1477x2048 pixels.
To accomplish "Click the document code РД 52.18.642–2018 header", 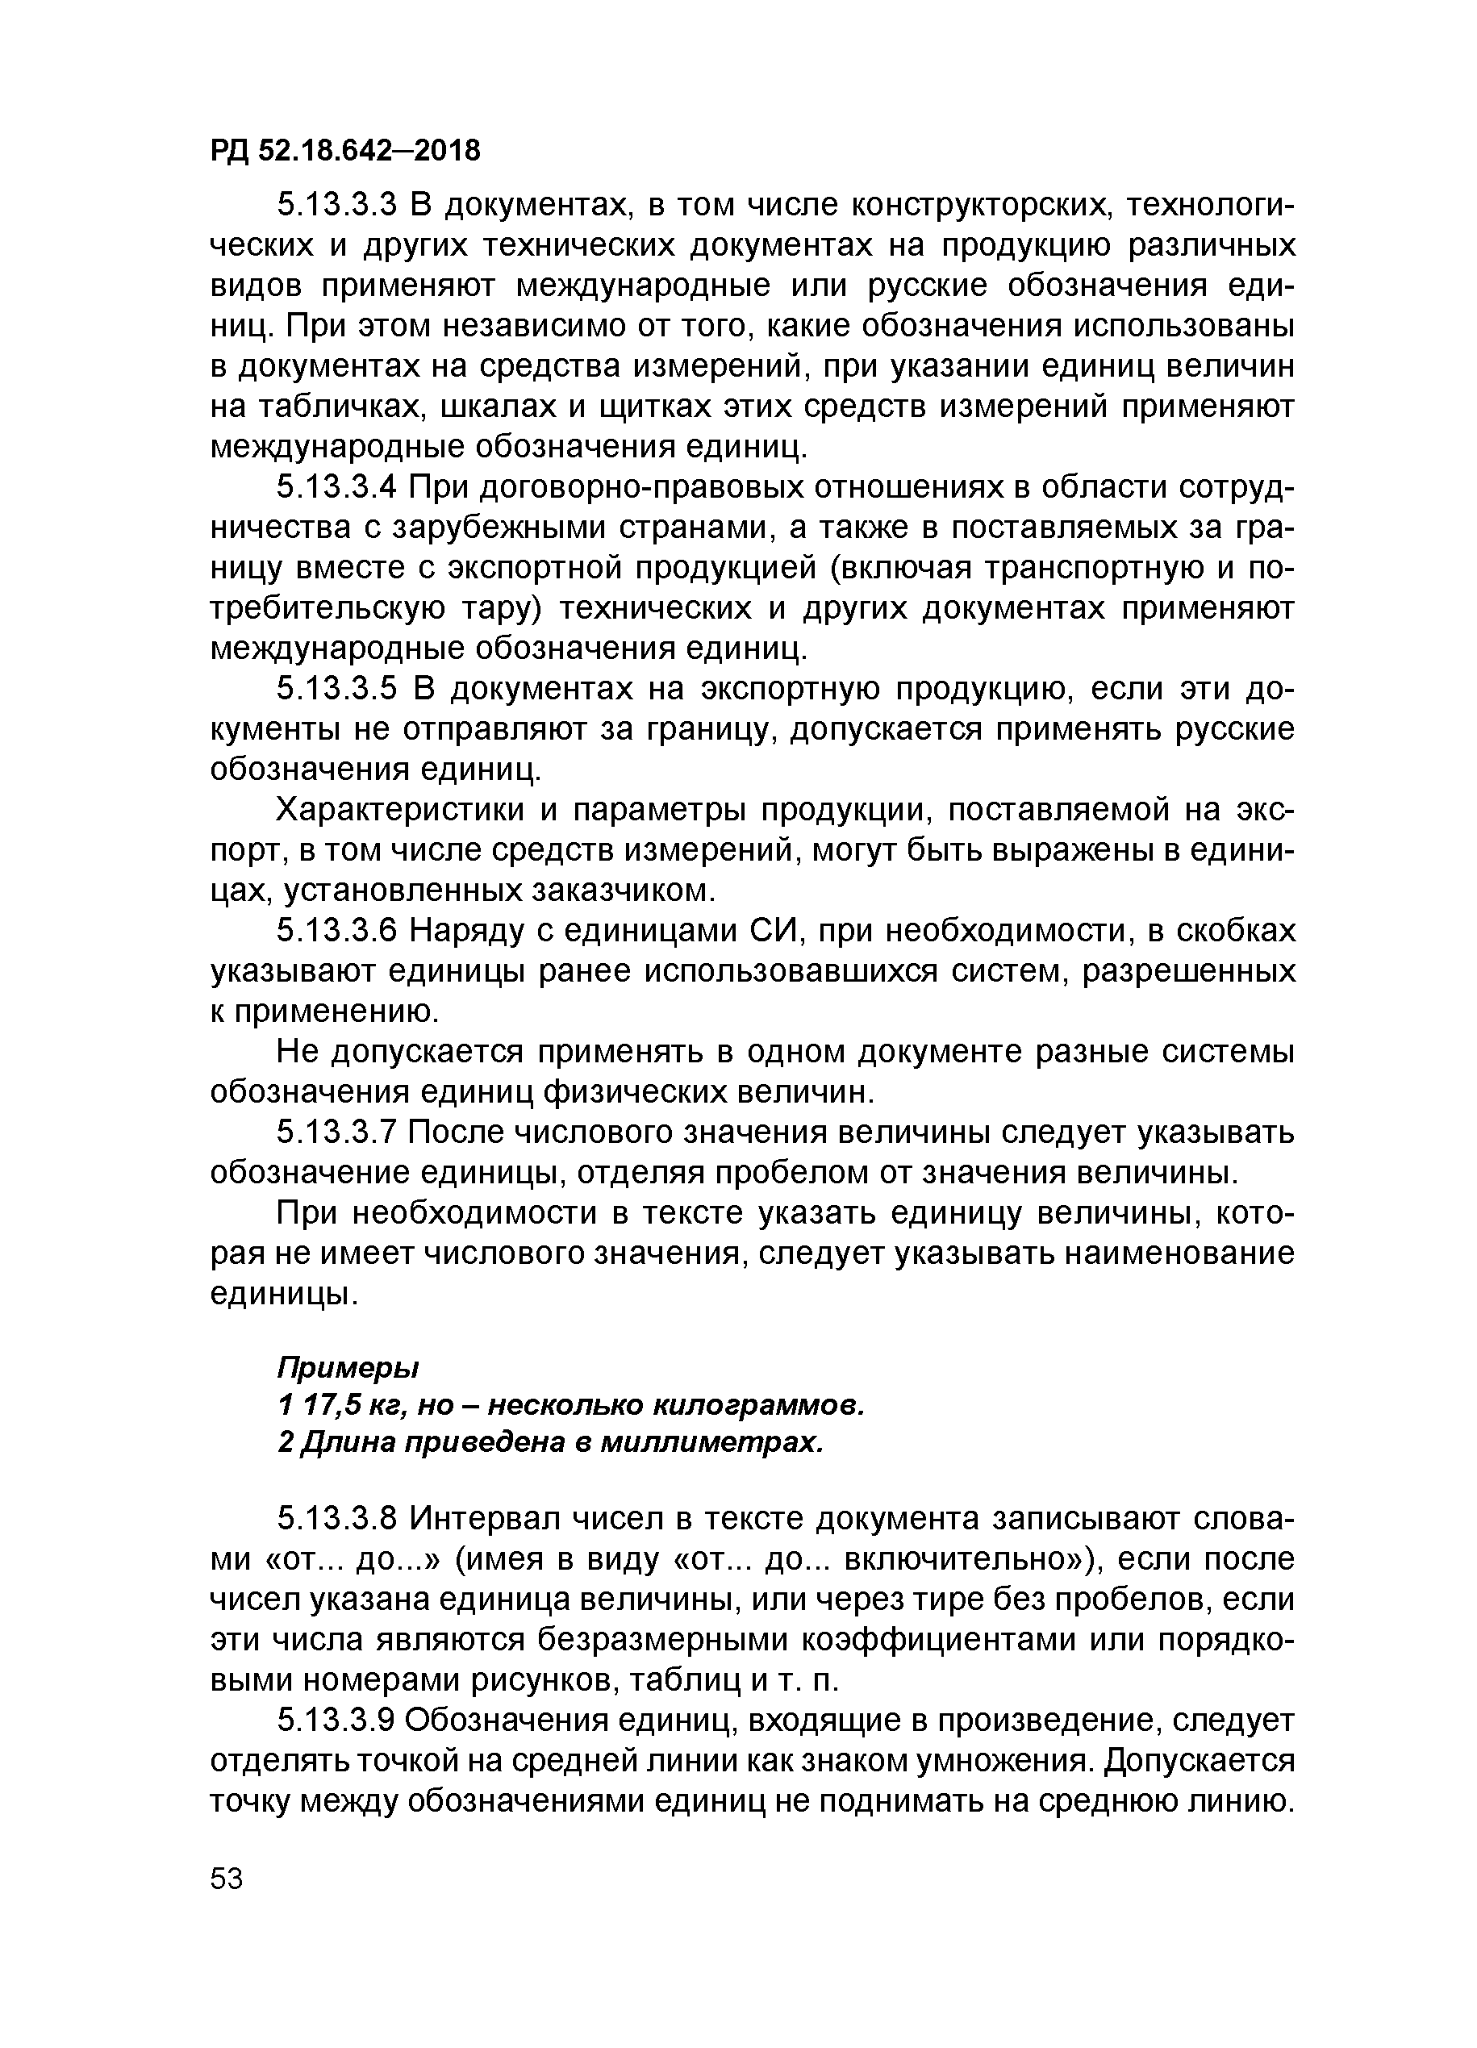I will pos(346,150).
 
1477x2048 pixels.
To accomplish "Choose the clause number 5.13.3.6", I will pos(336,931).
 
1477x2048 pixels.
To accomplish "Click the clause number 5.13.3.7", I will pos(336,1132).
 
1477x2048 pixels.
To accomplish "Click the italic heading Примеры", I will pos(348,1367).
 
